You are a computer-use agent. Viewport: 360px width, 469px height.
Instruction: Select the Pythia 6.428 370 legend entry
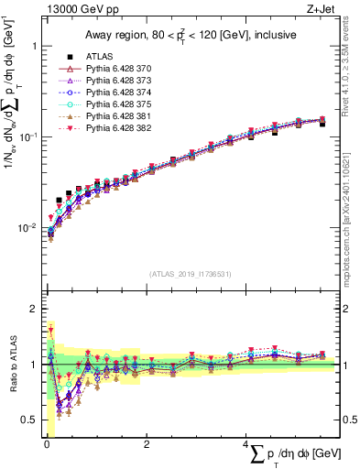click(115, 68)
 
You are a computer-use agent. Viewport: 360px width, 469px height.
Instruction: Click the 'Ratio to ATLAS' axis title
click(12, 365)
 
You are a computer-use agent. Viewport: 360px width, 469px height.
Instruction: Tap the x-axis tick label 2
click(147, 443)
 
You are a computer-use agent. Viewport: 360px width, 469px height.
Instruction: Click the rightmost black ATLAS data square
click(322, 124)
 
